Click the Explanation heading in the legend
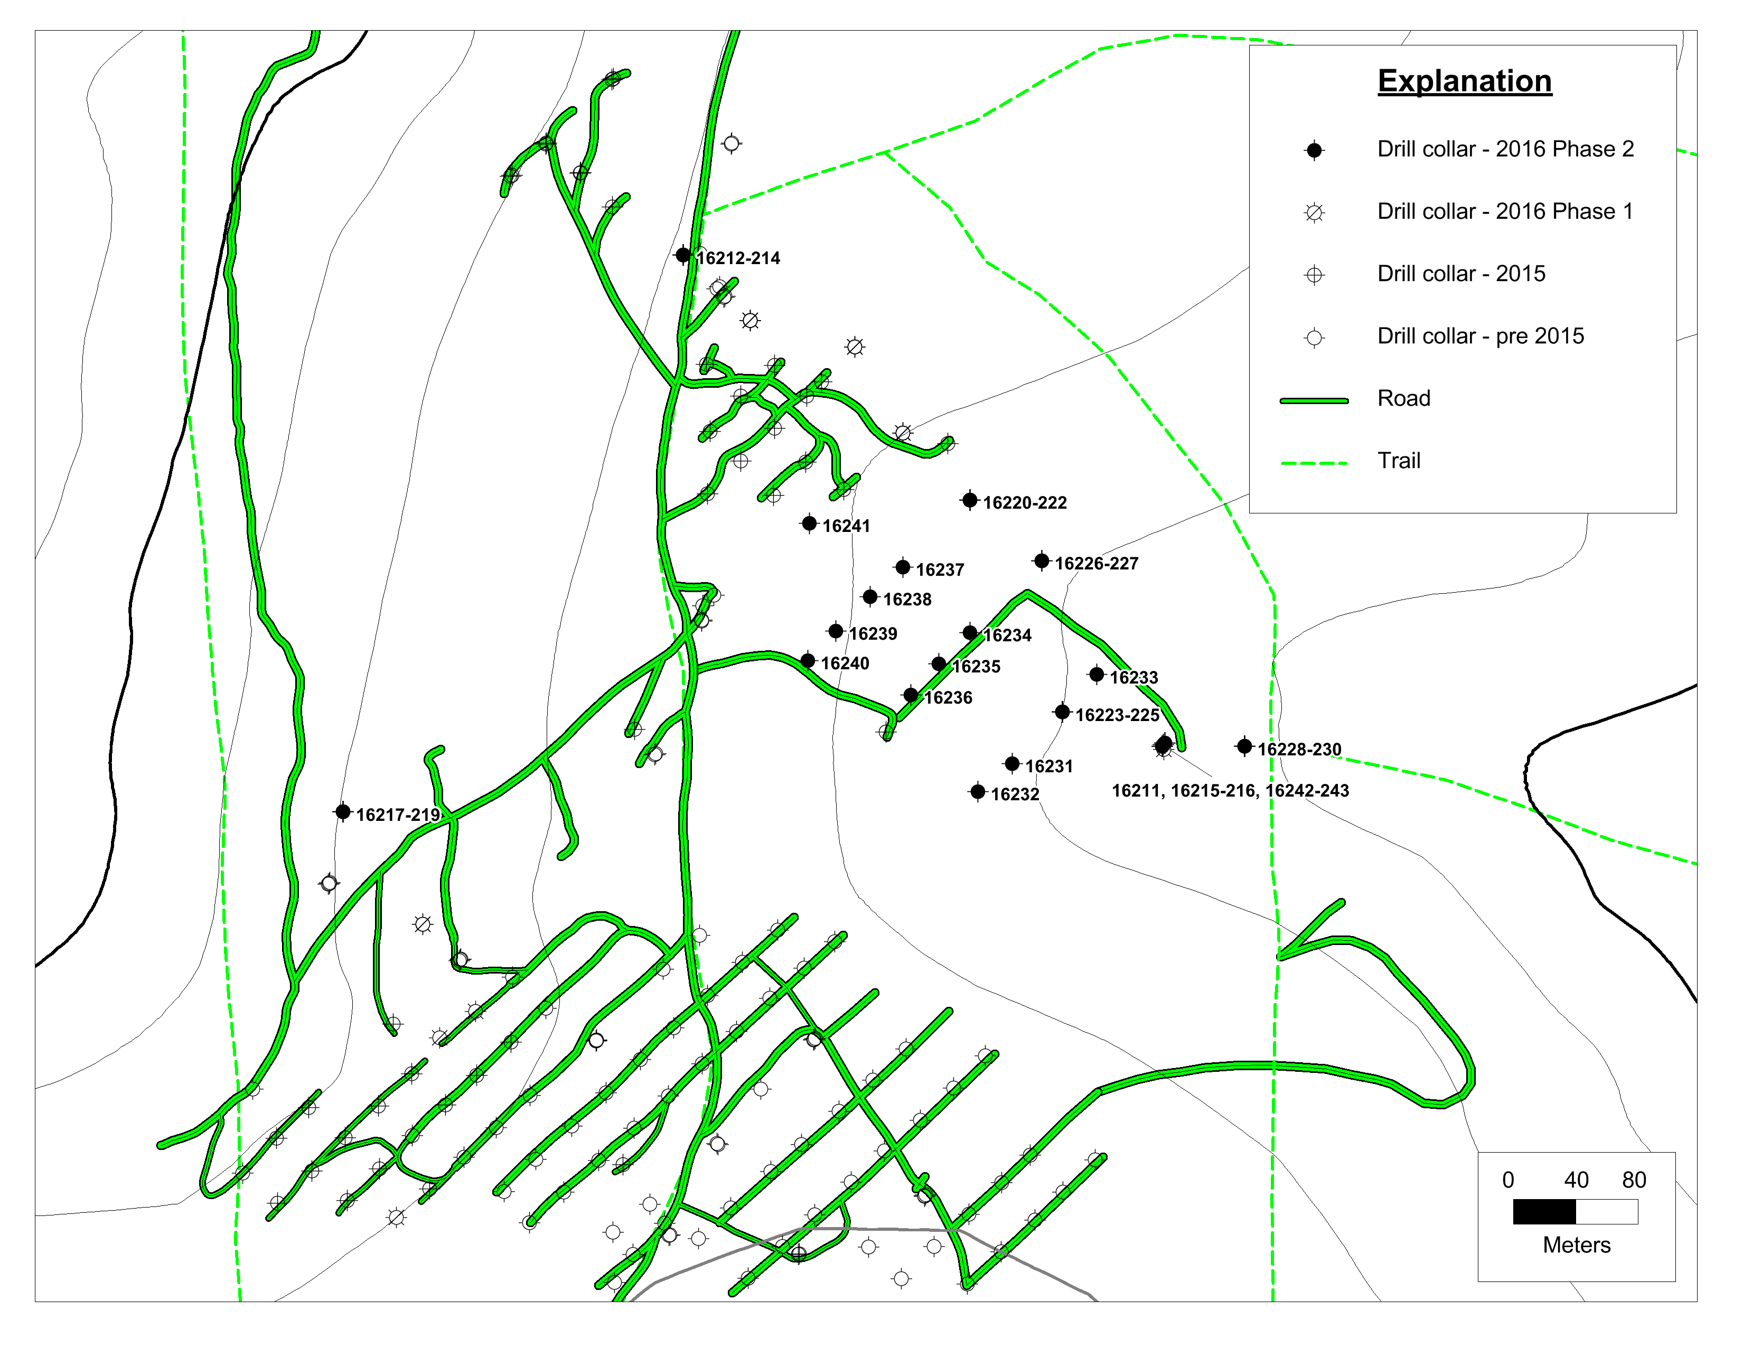1465,81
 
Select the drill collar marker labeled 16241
809,523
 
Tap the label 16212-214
738,258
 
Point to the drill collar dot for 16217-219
343,811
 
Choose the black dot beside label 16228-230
1244,746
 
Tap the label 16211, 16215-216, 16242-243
1230,791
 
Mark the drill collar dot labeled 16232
978,792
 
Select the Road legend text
1404,398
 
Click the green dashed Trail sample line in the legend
1314,463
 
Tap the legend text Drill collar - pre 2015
1480,336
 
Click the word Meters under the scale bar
1576,1245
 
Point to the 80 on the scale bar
1634,1180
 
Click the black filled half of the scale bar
1544,1212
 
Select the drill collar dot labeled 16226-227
1042,561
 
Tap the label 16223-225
1117,715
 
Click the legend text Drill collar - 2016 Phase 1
1505,211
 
